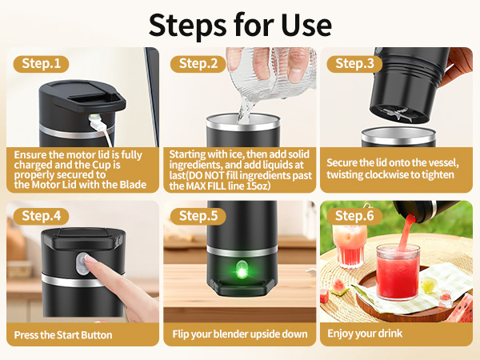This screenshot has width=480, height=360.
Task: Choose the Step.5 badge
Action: pyautogui.click(x=198, y=215)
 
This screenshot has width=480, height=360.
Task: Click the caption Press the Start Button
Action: pyautogui.click(x=62, y=334)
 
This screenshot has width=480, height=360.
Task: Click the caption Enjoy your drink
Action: pyautogui.click(x=365, y=334)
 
